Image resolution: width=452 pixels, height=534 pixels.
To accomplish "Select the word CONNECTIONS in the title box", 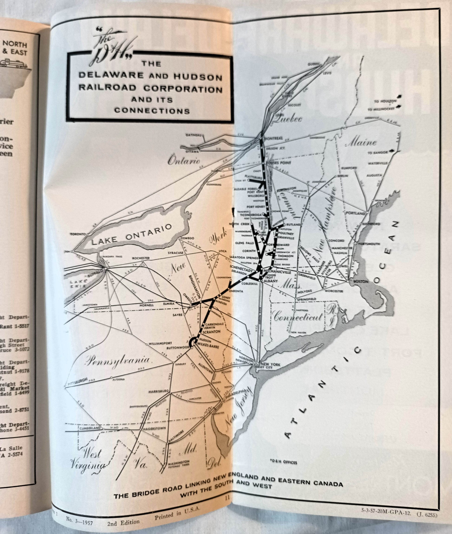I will coord(152,111).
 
